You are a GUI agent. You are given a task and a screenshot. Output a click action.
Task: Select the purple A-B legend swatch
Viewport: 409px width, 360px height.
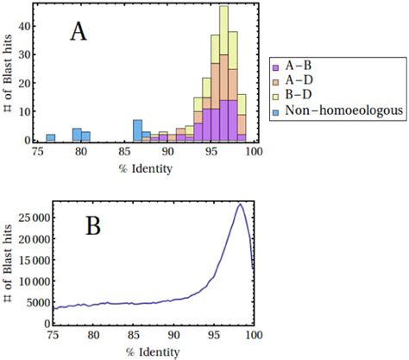point(274,65)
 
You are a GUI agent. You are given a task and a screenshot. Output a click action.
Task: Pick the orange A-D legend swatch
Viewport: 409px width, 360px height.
point(274,79)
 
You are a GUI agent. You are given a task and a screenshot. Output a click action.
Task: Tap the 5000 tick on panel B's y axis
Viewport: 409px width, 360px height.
point(32,302)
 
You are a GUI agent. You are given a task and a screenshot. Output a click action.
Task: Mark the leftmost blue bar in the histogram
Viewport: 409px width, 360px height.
point(51,137)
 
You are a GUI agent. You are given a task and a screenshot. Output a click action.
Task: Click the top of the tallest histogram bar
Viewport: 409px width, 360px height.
point(223,7)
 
